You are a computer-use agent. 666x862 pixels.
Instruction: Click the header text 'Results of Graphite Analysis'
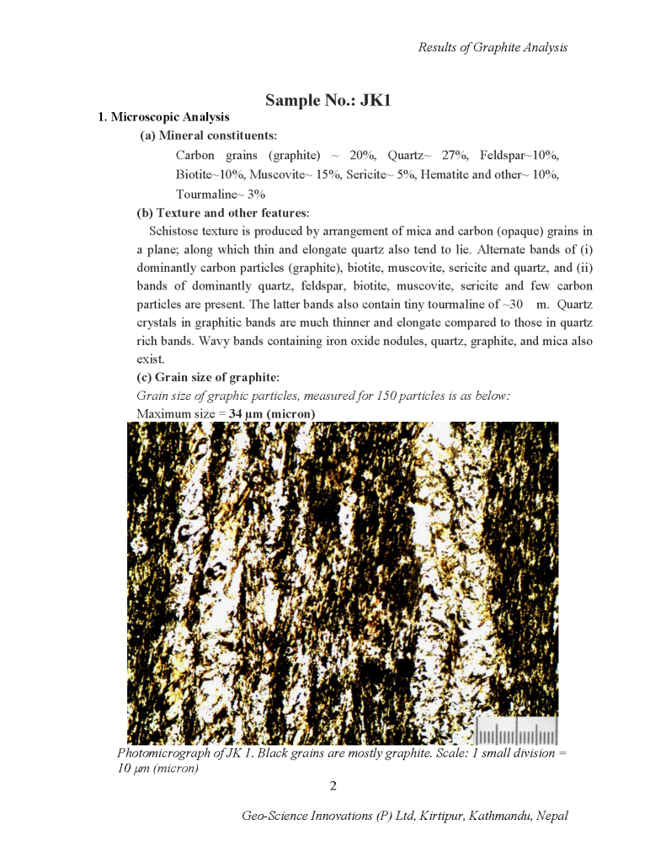tap(493, 47)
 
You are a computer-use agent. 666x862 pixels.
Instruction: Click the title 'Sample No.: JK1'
tap(328, 100)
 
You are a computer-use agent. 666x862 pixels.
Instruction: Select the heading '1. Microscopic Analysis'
tap(164, 117)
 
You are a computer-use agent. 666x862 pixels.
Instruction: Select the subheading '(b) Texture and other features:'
tap(222, 212)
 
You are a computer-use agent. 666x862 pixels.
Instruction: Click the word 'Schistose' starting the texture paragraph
tap(174, 231)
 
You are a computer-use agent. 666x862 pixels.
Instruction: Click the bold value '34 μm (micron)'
tap(272, 414)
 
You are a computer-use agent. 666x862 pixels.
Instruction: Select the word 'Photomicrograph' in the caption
tap(161, 753)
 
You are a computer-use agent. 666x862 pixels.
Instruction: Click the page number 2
tap(333, 786)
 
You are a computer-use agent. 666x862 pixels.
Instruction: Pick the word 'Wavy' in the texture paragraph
tap(455, 341)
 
